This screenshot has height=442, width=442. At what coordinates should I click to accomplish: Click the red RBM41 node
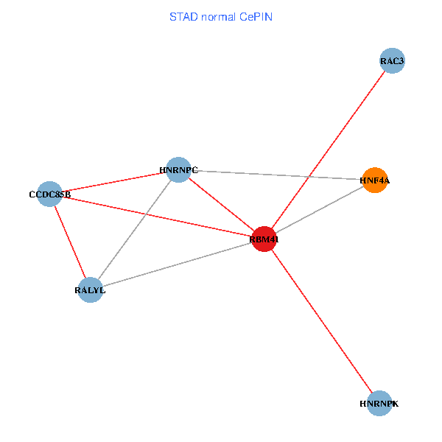click(x=264, y=239)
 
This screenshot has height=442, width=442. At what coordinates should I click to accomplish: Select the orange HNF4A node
click(x=375, y=180)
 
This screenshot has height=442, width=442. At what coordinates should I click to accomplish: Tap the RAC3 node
click(x=392, y=60)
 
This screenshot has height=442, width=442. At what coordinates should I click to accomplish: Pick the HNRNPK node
click(x=379, y=404)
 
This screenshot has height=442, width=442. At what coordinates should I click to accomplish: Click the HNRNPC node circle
click(x=178, y=169)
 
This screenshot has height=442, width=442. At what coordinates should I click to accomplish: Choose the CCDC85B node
click(x=49, y=194)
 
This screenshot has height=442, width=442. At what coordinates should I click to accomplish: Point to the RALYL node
click(x=90, y=290)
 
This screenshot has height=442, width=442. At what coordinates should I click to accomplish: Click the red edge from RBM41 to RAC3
click(x=328, y=150)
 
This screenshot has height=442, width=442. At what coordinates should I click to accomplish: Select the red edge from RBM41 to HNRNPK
click(x=322, y=321)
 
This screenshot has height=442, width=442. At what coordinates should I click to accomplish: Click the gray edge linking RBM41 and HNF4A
click(x=320, y=209)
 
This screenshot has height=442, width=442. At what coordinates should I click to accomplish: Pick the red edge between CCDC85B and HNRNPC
click(x=114, y=182)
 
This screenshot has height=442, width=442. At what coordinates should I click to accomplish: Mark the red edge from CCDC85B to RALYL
click(x=70, y=242)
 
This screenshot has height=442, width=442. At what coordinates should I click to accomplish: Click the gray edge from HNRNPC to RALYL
click(x=134, y=230)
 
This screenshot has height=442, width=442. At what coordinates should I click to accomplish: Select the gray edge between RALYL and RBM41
click(x=177, y=264)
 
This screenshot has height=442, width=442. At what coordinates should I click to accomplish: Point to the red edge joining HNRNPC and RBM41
click(x=221, y=204)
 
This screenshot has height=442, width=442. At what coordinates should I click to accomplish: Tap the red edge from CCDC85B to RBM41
click(x=157, y=217)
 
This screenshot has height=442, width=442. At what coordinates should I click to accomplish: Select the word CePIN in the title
click(x=256, y=17)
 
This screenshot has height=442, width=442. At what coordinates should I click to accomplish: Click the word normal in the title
click(x=219, y=17)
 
